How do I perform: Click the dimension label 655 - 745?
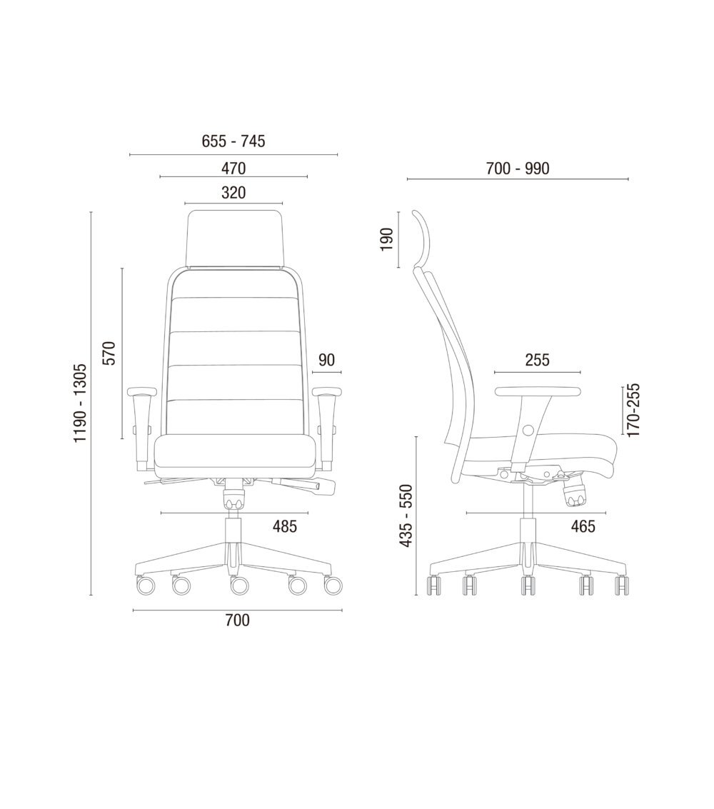tap(233, 141)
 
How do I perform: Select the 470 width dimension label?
tap(233, 169)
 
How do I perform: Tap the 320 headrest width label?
tap(233, 193)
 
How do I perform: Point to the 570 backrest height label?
tap(110, 353)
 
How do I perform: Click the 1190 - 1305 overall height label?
tap(80, 403)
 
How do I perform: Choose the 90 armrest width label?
tap(326, 360)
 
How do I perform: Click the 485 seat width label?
tap(285, 527)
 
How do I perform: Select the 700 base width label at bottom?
tap(237, 620)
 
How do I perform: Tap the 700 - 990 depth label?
tap(518, 169)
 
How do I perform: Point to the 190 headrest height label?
tap(387, 239)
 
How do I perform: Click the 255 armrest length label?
tap(538, 360)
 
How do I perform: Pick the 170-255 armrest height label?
tap(633, 410)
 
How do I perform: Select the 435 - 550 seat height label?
tap(408, 516)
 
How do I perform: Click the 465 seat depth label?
tap(583, 526)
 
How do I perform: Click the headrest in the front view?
tap(235, 239)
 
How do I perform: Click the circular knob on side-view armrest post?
tap(527, 429)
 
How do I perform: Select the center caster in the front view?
tap(239, 585)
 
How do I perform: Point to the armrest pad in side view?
tap(538, 391)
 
